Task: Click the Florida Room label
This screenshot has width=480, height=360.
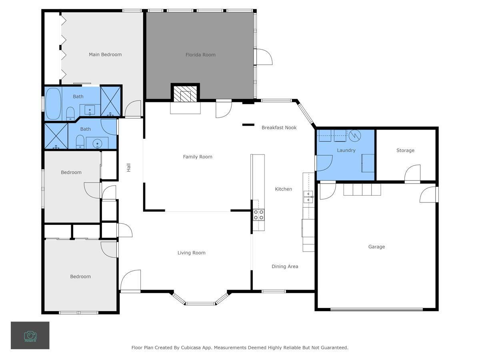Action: coord(200,55)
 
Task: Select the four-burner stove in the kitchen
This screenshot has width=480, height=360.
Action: coord(259,215)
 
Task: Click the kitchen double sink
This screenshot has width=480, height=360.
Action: coord(308,197)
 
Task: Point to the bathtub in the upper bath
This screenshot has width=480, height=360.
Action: coord(53,104)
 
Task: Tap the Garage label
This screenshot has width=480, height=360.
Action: coord(376,247)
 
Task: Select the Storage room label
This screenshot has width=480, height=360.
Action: coord(405,150)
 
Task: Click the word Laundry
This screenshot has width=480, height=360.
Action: coord(346,150)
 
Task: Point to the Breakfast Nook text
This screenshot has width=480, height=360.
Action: coord(279,128)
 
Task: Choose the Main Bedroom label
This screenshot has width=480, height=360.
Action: coord(105,54)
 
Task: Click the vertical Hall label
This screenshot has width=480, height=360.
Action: coord(129,168)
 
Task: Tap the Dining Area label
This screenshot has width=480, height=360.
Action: coord(285,266)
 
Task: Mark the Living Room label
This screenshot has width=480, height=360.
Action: coord(192,253)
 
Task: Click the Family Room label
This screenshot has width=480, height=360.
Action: coord(198,157)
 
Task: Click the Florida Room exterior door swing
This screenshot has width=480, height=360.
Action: coord(263,57)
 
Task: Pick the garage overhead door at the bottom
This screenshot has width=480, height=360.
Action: coord(376,309)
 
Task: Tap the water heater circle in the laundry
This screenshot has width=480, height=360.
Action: coord(355,136)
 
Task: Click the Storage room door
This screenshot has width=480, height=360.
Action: coord(412,174)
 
